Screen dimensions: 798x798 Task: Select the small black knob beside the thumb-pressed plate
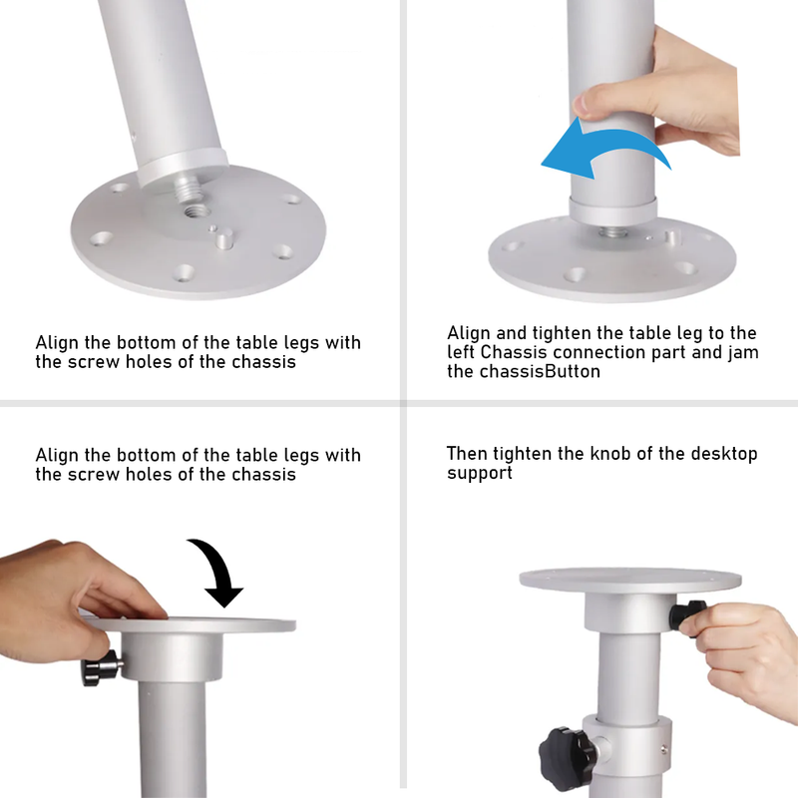pos(101,667)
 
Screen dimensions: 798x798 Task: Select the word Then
pos(467,454)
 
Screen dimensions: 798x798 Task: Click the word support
pos(479,473)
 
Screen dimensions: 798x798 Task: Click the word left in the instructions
pos(462,352)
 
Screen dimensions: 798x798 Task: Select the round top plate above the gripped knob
pos(628,580)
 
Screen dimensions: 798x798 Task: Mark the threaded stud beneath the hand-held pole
pos(610,231)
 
